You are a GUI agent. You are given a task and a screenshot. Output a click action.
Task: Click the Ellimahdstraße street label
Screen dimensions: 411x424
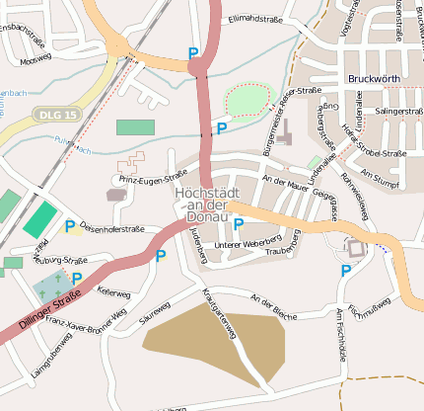tap(255, 19)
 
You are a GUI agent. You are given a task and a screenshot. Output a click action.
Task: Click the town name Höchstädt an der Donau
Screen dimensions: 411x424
tap(201, 204)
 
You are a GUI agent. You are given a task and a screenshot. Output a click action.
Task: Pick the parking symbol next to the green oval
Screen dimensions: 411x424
tap(222, 127)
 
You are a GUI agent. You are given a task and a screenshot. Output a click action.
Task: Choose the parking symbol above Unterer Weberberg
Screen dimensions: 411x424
tap(239, 224)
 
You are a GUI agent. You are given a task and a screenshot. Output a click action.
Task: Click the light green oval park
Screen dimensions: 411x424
tap(247, 100)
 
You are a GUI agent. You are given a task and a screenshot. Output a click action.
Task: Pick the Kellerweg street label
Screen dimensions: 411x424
tap(113, 292)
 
